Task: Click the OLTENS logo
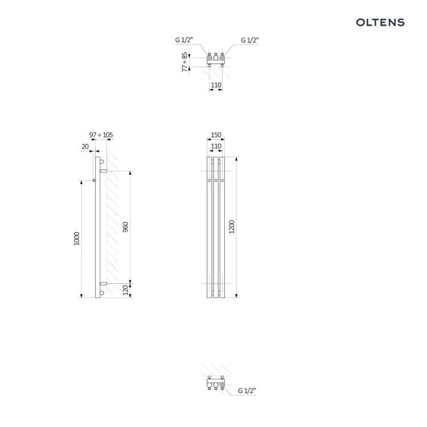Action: [380, 22]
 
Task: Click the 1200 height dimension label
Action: [232, 227]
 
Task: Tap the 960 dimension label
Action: [125, 227]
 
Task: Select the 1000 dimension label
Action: [77, 239]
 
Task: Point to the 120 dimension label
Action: [125, 290]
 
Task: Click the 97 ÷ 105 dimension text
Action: [101, 135]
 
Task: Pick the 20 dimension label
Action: [85, 146]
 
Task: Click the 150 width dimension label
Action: [216, 135]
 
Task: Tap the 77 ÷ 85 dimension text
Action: [185, 62]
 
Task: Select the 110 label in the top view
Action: [216, 85]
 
